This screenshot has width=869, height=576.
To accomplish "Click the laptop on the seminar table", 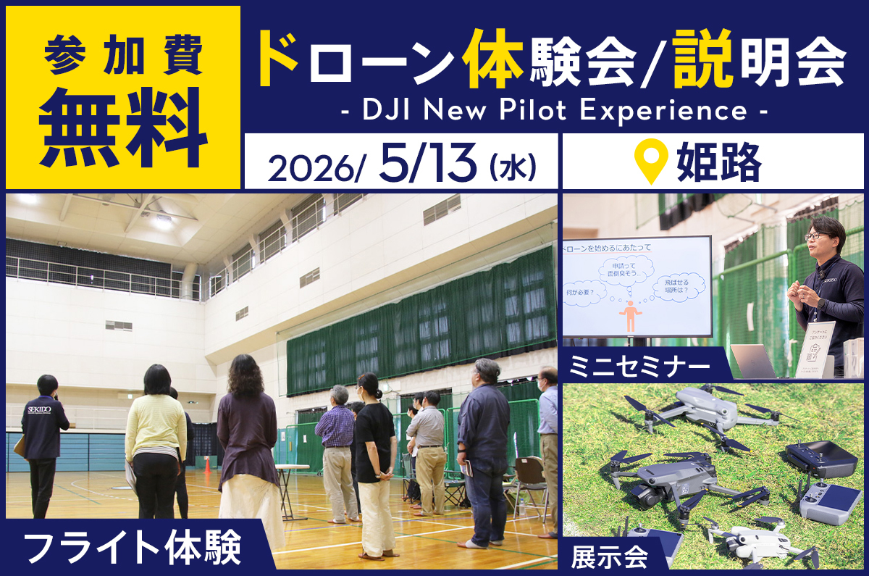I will pos(752,361).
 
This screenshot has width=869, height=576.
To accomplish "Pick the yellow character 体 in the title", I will pos(495,62).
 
